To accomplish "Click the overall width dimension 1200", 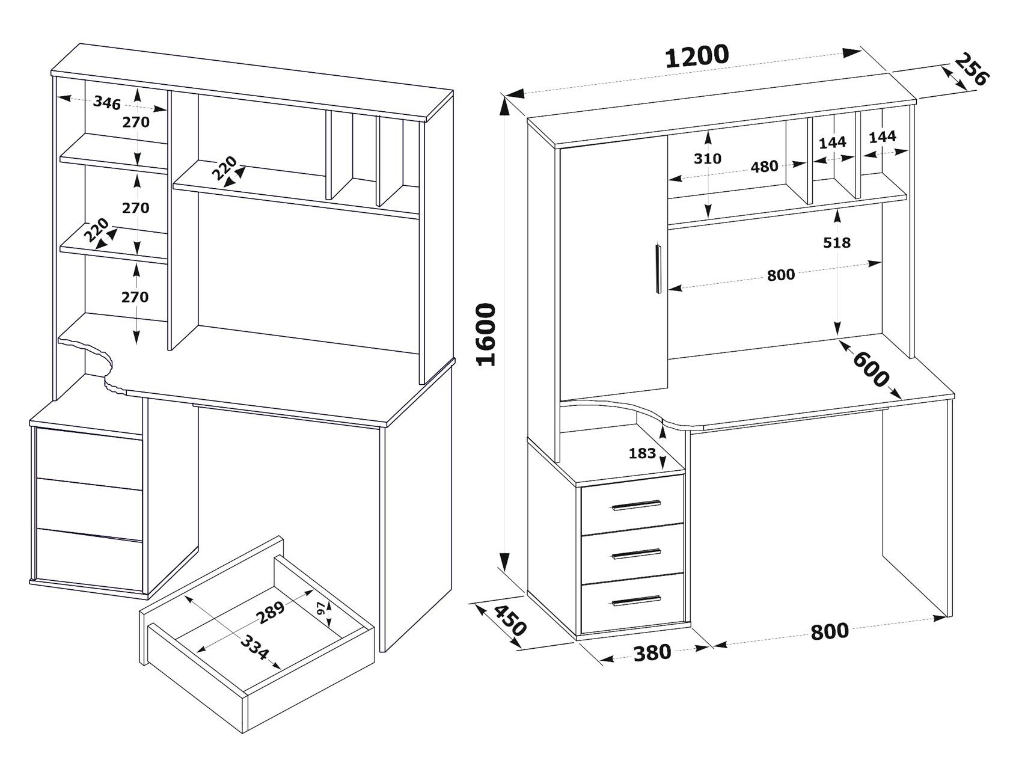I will click(697, 56).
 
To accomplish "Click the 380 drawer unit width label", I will click(652, 651).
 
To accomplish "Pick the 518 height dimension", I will click(837, 242).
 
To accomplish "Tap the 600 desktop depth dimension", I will click(871, 369).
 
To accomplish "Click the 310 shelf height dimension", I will click(707, 159).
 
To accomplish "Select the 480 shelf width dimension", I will click(764, 167).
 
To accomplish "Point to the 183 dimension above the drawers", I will click(642, 453).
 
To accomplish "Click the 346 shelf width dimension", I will click(107, 102).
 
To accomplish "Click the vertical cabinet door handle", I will click(658, 268).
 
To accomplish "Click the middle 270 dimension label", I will click(136, 208).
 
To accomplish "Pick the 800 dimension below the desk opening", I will click(829, 631).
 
